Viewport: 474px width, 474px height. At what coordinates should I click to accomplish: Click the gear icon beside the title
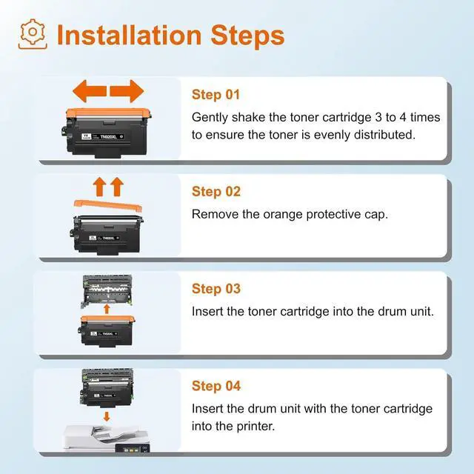pos(33,34)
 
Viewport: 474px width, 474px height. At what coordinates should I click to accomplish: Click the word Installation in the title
pos(129,36)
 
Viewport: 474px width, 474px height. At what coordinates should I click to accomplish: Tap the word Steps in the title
pos(247,36)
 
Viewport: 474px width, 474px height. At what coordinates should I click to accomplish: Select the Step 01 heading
pos(216,95)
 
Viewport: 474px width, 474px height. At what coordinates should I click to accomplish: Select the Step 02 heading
pos(216,192)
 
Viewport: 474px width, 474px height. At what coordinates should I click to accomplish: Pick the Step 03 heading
pos(216,289)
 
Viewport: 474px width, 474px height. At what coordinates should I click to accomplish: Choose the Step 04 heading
pos(216,386)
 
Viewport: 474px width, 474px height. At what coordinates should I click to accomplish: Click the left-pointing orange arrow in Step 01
pos(90,91)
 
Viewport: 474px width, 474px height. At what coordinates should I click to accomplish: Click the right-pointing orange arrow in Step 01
pos(127,91)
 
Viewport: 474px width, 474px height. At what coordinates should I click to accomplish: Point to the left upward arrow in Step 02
pos(99,187)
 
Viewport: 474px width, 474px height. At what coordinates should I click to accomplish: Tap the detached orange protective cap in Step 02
pos(108,206)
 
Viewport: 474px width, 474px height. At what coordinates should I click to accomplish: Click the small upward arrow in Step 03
pos(107,310)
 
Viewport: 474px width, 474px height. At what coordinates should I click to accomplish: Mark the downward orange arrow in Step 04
pos(107,416)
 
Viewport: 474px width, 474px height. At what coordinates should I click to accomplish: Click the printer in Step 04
pos(107,438)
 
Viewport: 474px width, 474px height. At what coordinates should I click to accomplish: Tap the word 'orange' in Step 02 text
pos(283,215)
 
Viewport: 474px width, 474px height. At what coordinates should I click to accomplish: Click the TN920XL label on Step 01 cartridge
pos(108,136)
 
